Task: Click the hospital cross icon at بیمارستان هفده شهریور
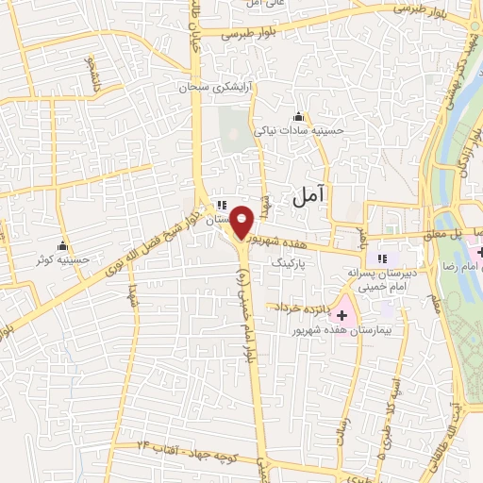click(341, 313)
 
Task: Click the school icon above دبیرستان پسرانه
click(382, 258)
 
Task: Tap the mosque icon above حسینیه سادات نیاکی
click(298, 117)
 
